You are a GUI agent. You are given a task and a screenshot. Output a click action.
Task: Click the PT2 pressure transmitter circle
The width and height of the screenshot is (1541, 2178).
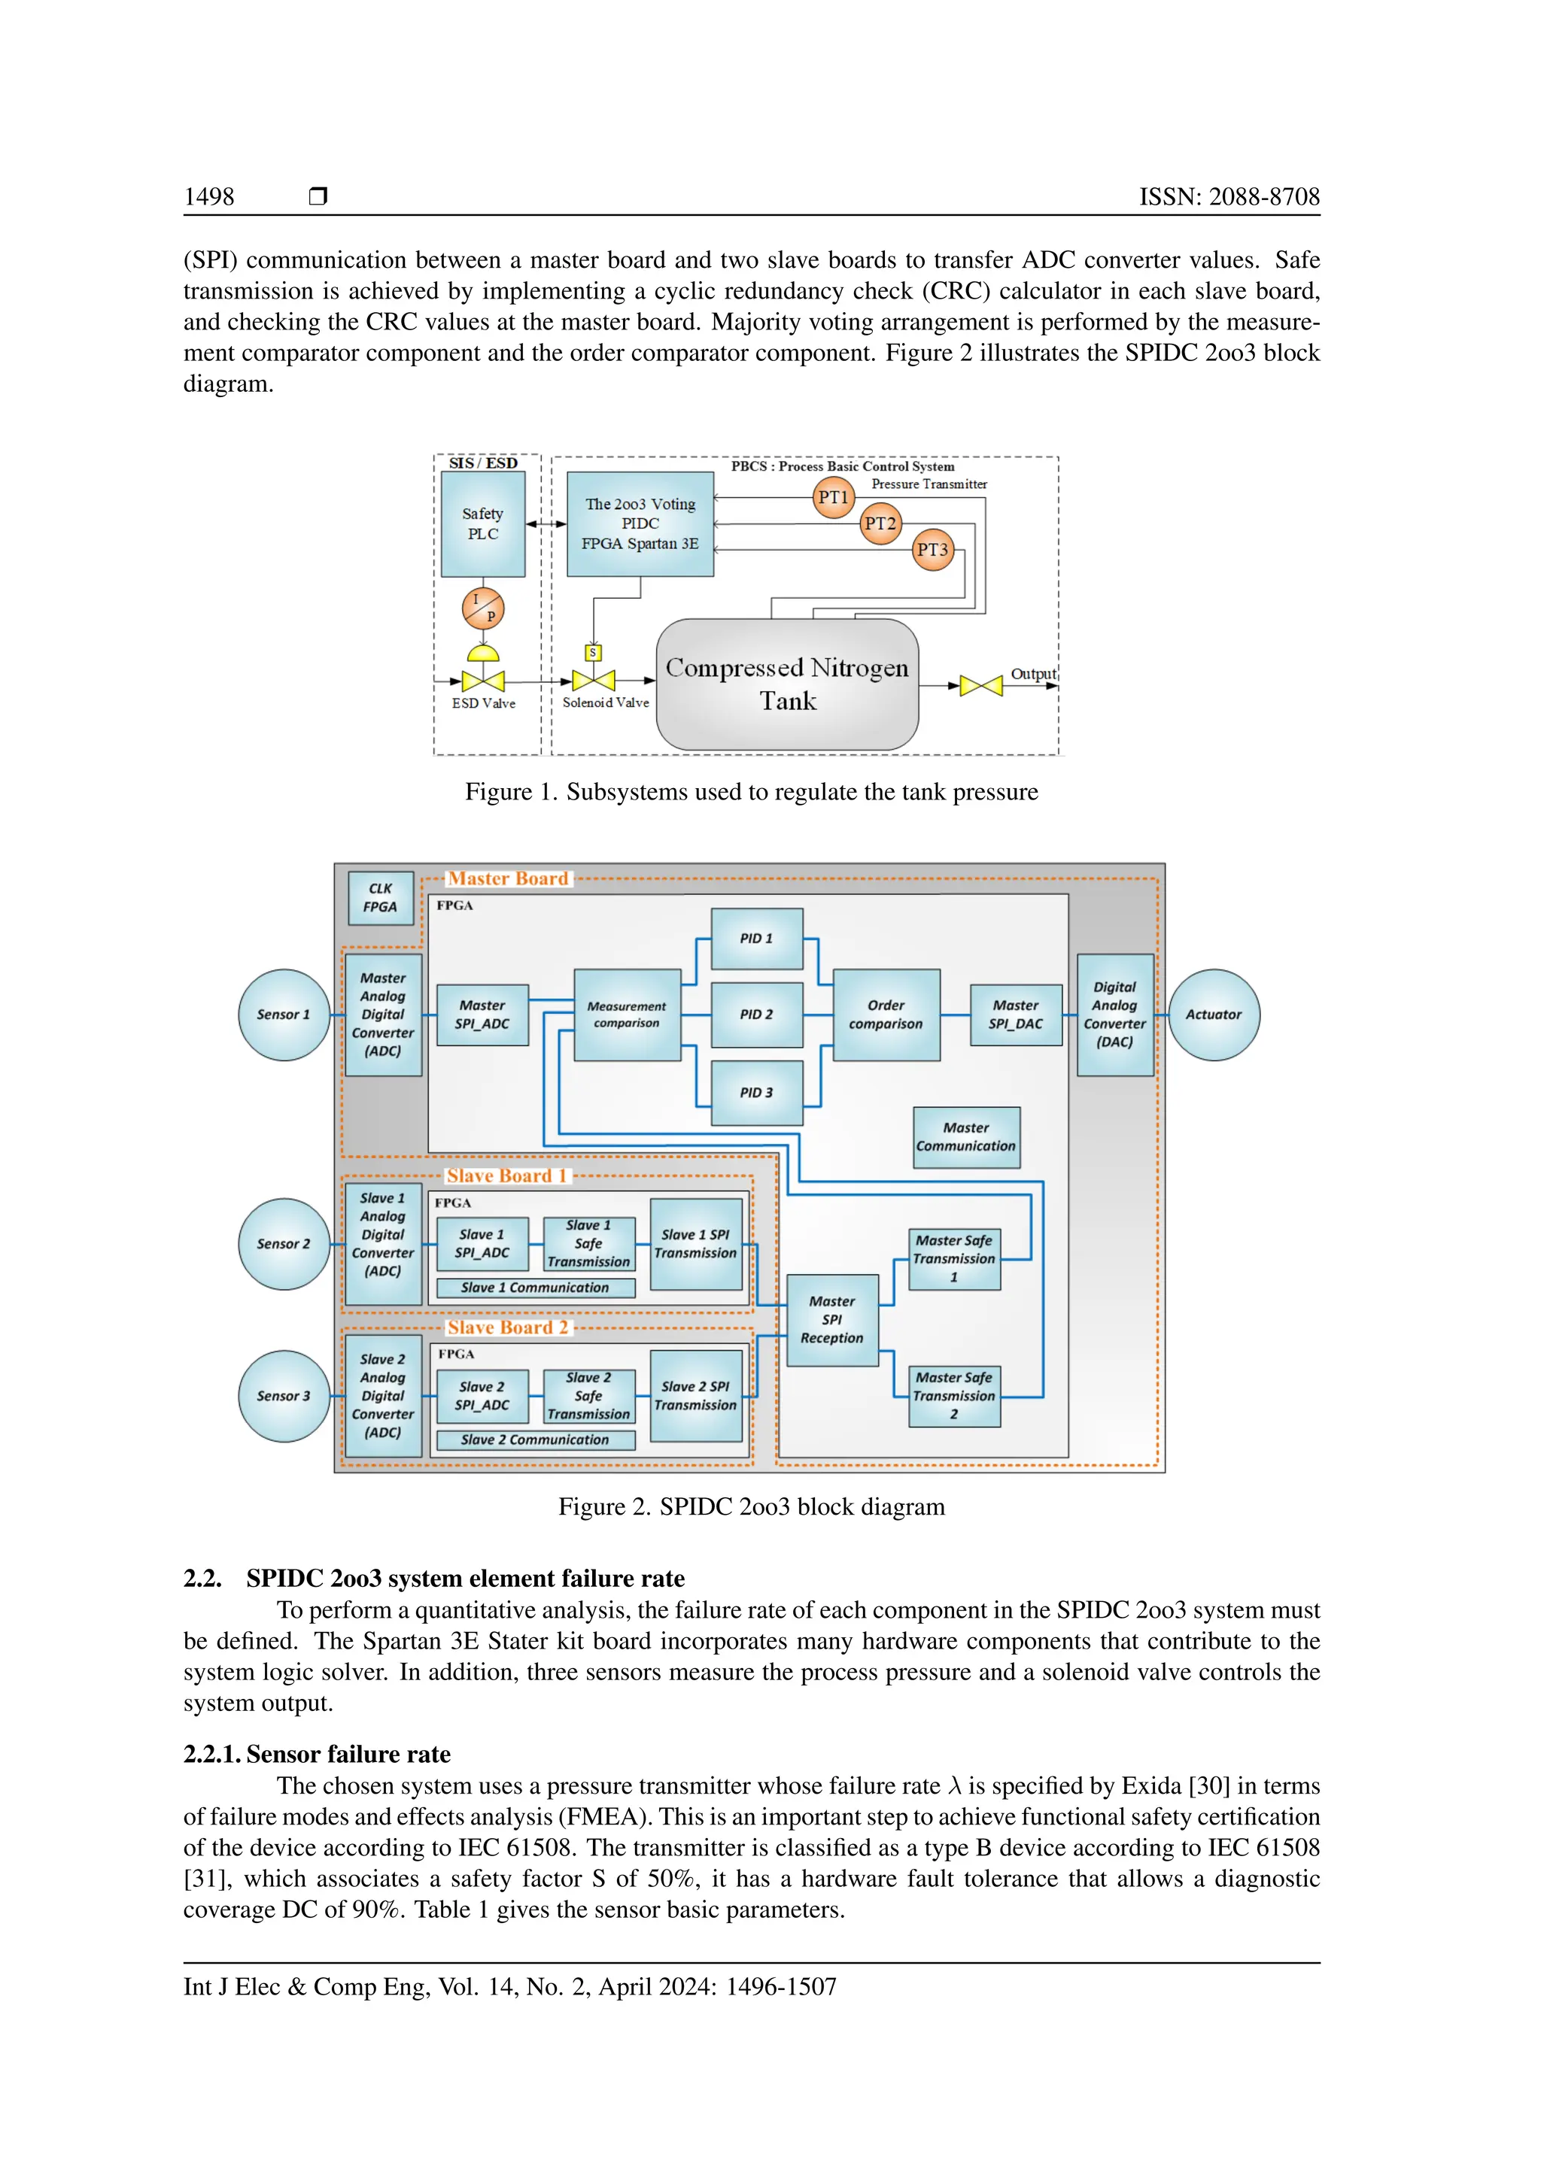tap(880, 523)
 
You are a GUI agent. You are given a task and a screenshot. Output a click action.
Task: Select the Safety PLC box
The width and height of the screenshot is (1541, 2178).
tap(483, 523)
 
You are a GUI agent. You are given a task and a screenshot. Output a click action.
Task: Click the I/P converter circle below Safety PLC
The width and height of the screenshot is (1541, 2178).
tap(483, 608)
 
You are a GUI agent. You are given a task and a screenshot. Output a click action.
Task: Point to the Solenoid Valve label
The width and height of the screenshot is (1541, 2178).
tap(606, 703)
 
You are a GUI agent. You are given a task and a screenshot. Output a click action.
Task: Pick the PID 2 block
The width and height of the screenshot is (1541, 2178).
tap(756, 1015)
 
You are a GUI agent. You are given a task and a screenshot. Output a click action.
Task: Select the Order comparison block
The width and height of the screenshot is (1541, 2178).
tap(886, 1015)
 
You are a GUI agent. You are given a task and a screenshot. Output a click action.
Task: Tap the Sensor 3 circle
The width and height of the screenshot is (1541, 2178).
tap(284, 1397)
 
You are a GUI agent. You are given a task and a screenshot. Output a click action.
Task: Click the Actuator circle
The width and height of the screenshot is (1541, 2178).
tap(1214, 1015)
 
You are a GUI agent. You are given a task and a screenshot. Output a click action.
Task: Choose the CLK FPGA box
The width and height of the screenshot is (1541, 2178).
tap(381, 897)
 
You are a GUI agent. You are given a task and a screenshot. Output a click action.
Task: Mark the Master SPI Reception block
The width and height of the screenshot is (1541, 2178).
tap(832, 1320)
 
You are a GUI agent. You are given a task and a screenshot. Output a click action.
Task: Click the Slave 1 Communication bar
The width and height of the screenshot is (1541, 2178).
tap(535, 1288)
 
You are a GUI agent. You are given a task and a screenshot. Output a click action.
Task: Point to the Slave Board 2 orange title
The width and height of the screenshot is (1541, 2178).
tap(508, 1328)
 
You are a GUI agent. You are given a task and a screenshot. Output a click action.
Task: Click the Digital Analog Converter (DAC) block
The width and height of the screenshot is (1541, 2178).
tap(1115, 1015)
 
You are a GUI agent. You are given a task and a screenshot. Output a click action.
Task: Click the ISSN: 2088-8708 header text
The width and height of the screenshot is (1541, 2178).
tap(1229, 197)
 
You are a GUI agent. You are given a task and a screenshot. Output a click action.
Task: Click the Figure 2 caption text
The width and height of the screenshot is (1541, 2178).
tap(752, 1507)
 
